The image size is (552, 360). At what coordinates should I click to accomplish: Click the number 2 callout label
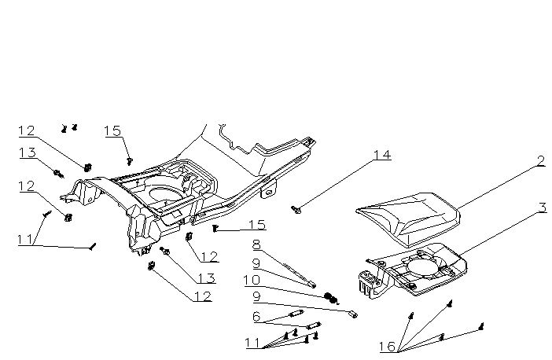coord(541,160)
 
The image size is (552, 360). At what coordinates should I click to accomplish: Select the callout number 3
coord(542,208)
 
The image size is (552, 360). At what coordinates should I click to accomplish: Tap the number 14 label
coord(381,155)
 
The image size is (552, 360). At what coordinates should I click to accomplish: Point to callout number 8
coord(256,245)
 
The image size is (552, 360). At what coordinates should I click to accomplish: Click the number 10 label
coord(254,280)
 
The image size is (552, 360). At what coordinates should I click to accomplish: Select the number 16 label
coord(387,347)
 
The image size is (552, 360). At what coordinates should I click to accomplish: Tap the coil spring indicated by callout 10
coord(331,297)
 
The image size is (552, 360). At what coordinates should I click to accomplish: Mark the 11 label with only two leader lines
coord(25,240)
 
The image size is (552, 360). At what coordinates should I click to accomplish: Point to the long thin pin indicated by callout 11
coord(92,248)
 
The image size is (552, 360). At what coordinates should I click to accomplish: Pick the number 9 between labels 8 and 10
coord(256,263)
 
